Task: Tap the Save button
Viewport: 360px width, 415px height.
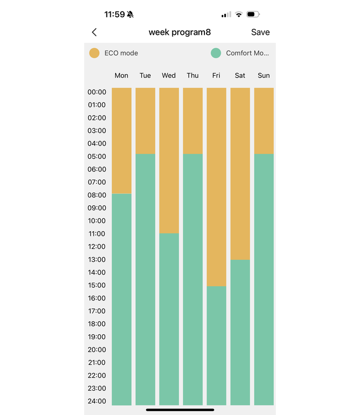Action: coord(260,32)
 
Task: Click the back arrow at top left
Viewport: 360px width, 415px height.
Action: coord(94,33)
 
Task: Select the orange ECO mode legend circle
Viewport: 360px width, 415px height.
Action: coord(95,53)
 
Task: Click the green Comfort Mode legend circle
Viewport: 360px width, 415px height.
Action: coord(216,53)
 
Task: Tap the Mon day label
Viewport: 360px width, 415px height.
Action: coord(121,75)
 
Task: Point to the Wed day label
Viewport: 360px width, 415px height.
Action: coord(169,75)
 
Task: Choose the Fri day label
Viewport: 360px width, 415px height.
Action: coord(216,75)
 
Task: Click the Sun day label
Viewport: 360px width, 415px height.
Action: coord(264,75)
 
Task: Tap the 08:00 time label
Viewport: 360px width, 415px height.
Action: coord(96,195)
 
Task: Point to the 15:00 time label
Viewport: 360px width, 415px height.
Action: coord(96,285)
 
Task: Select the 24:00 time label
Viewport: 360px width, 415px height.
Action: coord(96,401)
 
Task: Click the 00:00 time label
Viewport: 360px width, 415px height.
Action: coord(96,92)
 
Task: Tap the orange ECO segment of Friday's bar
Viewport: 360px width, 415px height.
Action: coord(217,186)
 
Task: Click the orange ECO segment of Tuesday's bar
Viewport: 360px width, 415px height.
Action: coord(145,120)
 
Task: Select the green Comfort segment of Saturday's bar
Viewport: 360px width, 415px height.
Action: coord(240,332)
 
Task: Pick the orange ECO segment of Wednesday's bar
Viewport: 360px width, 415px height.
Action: coord(169,160)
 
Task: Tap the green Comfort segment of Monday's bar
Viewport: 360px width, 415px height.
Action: coord(122,299)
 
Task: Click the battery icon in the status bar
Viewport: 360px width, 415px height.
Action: coord(253,14)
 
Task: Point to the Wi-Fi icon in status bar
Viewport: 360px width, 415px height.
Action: coord(239,14)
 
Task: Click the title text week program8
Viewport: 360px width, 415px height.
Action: coord(179,32)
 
